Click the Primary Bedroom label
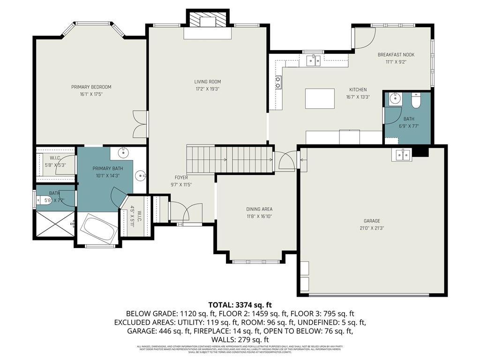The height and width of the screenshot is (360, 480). click(x=91, y=87)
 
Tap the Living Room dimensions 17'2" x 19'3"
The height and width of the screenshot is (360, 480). click(x=208, y=89)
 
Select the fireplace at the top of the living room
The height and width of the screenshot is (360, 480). click(x=208, y=22)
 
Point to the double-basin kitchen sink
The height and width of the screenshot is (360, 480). click(x=313, y=60)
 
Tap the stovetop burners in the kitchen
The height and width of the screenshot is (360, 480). click(x=278, y=82)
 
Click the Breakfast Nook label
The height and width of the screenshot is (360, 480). click(x=396, y=55)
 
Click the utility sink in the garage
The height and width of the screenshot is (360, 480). click(x=402, y=155)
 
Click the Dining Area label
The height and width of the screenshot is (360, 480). click(x=259, y=209)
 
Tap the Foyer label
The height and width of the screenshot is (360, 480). click(x=181, y=178)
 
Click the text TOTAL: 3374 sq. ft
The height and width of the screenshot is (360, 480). click(x=240, y=305)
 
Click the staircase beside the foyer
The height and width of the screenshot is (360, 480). click(x=230, y=159)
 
